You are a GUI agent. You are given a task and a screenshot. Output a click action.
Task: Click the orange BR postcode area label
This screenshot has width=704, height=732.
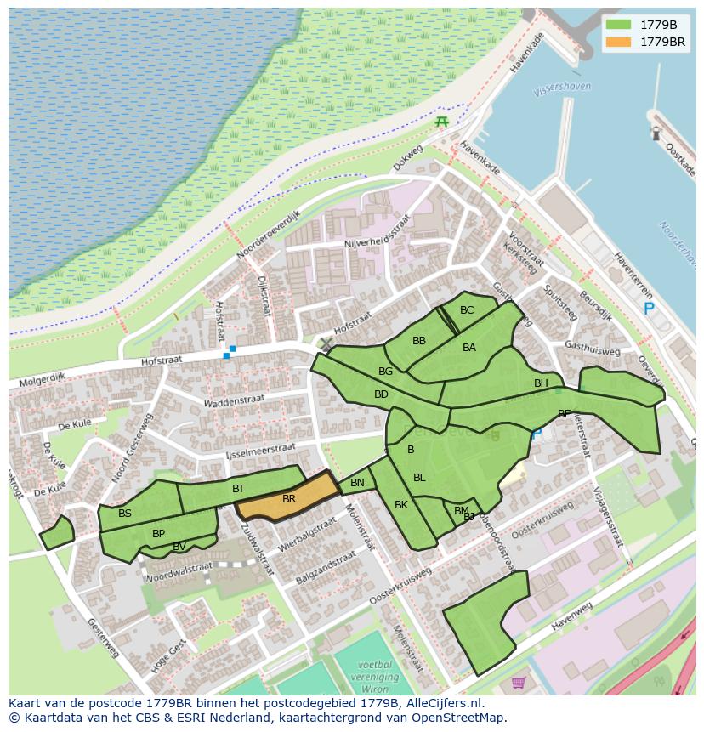click(x=289, y=499)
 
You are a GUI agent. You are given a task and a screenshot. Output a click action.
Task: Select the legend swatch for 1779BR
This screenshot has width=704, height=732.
click(x=619, y=42)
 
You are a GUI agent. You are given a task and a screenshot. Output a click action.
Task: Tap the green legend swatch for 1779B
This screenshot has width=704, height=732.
click(x=619, y=25)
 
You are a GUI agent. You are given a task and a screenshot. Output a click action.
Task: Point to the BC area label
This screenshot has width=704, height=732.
click(x=467, y=310)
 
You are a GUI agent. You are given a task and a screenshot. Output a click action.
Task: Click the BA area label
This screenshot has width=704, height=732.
click(x=469, y=348)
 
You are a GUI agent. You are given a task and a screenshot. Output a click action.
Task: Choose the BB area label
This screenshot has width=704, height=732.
click(x=419, y=341)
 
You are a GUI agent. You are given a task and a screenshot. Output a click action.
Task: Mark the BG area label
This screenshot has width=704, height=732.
click(x=385, y=372)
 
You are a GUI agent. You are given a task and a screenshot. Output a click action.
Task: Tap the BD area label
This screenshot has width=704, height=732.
click(x=381, y=394)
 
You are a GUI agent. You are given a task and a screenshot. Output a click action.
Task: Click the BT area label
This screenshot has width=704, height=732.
click(x=238, y=489)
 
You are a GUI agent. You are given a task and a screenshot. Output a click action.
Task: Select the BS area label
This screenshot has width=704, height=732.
click(x=125, y=514)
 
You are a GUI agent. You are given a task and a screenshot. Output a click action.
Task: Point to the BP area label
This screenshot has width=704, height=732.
click(x=158, y=534)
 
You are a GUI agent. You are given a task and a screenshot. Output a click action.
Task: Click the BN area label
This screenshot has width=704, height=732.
click(x=357, y=484)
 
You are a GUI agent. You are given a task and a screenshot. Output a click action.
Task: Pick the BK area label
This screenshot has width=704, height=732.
click(x=401, y=505)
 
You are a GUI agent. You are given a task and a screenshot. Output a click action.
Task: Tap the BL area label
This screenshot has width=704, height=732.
click(x=419, y=478)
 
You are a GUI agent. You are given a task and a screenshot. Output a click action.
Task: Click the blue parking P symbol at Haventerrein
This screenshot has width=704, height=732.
click(x=649, y=309)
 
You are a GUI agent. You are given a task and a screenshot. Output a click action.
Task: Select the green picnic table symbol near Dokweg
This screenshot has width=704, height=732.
click(x=441, y=122)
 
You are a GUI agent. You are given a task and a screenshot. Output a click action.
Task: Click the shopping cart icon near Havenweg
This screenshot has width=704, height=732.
click(x=519, y=682)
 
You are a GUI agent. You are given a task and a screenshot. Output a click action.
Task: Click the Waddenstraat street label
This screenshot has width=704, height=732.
click(x=235, y=400)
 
